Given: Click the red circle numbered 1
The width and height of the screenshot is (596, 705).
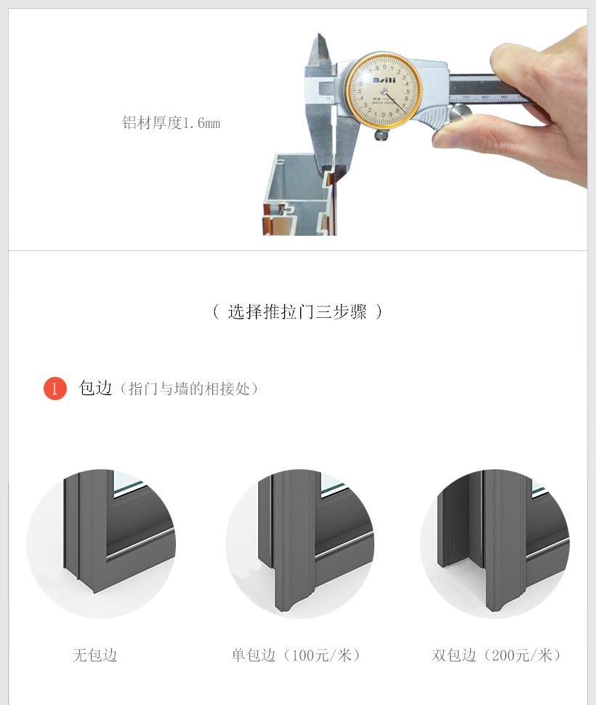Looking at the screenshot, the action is (55, 389).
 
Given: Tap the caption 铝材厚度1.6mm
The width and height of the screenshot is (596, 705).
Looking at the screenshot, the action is (171, 123).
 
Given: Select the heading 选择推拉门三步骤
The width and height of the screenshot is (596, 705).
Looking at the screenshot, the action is (297, 311).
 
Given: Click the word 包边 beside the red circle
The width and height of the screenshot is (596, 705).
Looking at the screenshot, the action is (95, 388).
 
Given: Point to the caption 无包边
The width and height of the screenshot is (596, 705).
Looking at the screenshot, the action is (94, 655).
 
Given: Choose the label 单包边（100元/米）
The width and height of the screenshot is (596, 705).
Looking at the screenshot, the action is (296, 655).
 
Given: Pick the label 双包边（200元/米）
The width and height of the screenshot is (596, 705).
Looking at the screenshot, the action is (496, 655).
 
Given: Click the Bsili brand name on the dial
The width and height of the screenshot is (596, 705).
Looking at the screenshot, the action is (384, 80).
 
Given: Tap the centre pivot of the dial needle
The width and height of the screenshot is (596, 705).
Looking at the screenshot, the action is (384, 92).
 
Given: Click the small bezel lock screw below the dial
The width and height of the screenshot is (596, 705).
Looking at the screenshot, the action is (382, 135).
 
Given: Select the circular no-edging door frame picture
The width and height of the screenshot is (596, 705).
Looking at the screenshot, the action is (101, 543).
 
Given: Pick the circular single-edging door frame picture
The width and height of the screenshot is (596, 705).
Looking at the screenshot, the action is (299, 543).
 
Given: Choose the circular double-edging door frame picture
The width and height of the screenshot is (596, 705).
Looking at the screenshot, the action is (495, 543).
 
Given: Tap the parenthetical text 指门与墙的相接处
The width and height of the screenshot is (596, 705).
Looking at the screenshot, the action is (189, 389).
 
